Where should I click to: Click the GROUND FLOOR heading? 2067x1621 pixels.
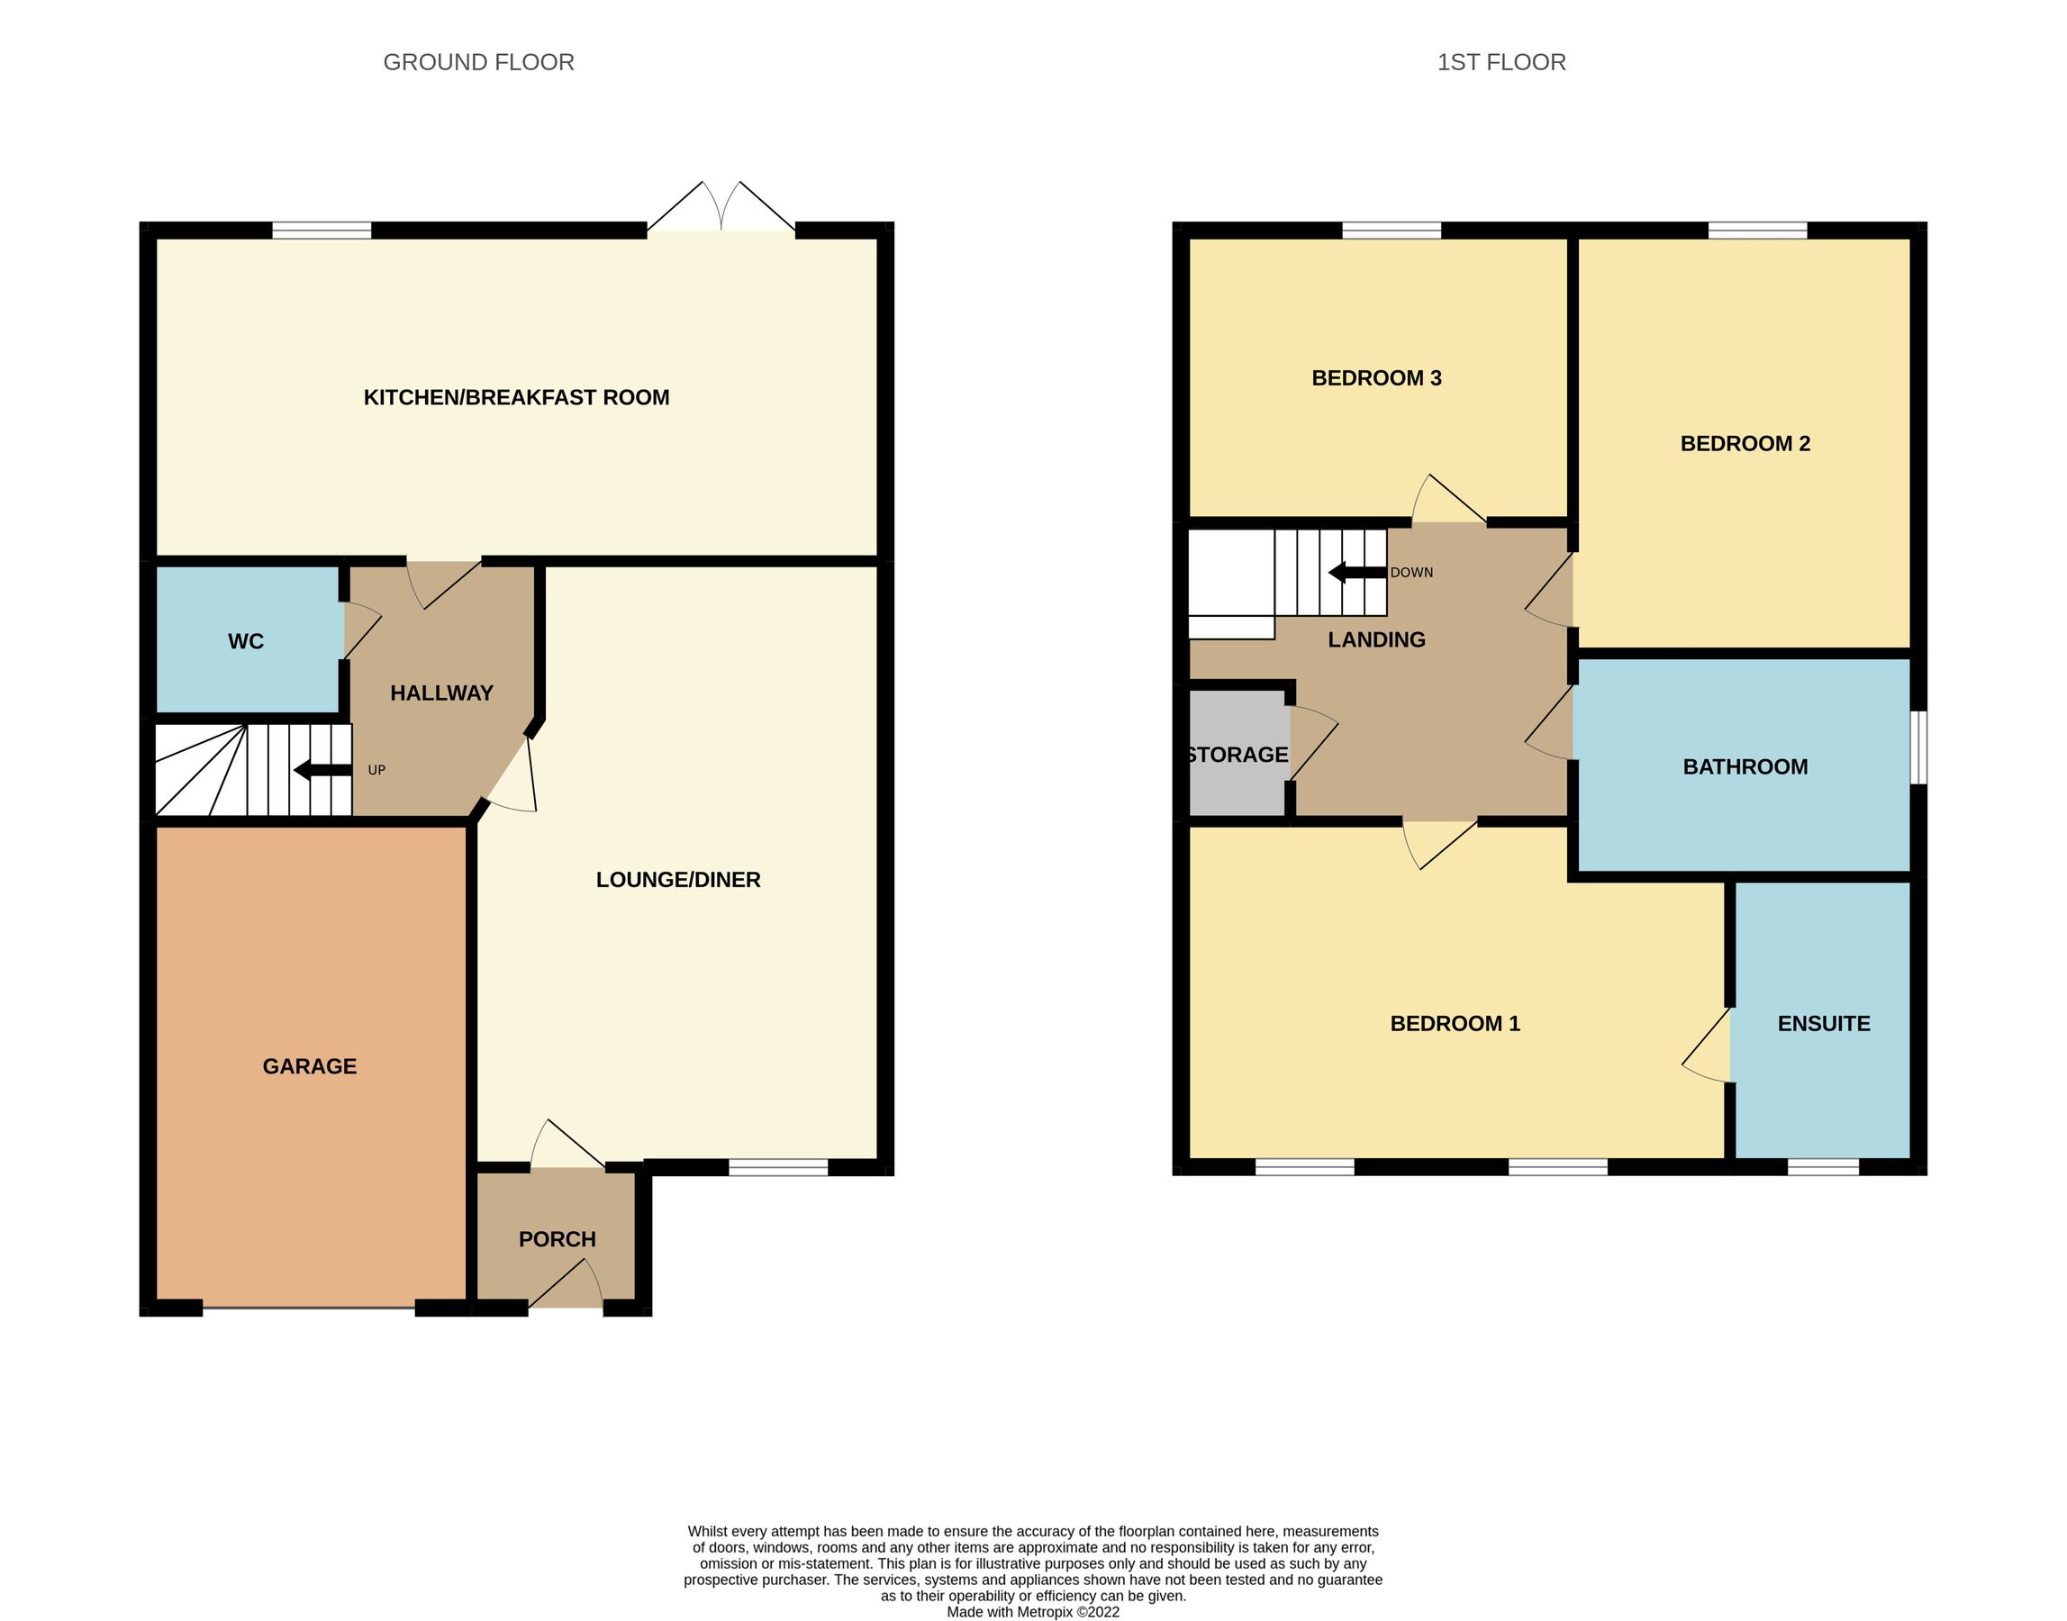coord(478,63)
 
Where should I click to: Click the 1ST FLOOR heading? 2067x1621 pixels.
coord(1500,63)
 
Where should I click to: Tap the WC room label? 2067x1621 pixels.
coord(246,641)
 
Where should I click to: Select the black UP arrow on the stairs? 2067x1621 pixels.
coord(322,770)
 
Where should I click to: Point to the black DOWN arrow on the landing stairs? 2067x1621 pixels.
coord(1357,572)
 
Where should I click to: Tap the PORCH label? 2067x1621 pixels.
coord(558,1238)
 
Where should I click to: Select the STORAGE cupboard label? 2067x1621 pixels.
coord(1237,755)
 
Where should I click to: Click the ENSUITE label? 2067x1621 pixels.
coord(1823,1023)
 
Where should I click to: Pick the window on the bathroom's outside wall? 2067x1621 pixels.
coord(1918,747)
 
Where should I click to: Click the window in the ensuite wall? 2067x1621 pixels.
coord(1822,1166)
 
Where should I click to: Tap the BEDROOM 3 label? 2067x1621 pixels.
coord(1376,377)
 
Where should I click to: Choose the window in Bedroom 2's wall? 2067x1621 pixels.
coord(1756,230)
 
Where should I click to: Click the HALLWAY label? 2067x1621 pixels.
coord(441,693)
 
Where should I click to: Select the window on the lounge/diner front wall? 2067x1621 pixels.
coord(778,1167)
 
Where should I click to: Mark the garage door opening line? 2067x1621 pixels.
coord(310,1308)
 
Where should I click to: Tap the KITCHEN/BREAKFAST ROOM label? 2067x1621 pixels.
coord(516,398)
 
